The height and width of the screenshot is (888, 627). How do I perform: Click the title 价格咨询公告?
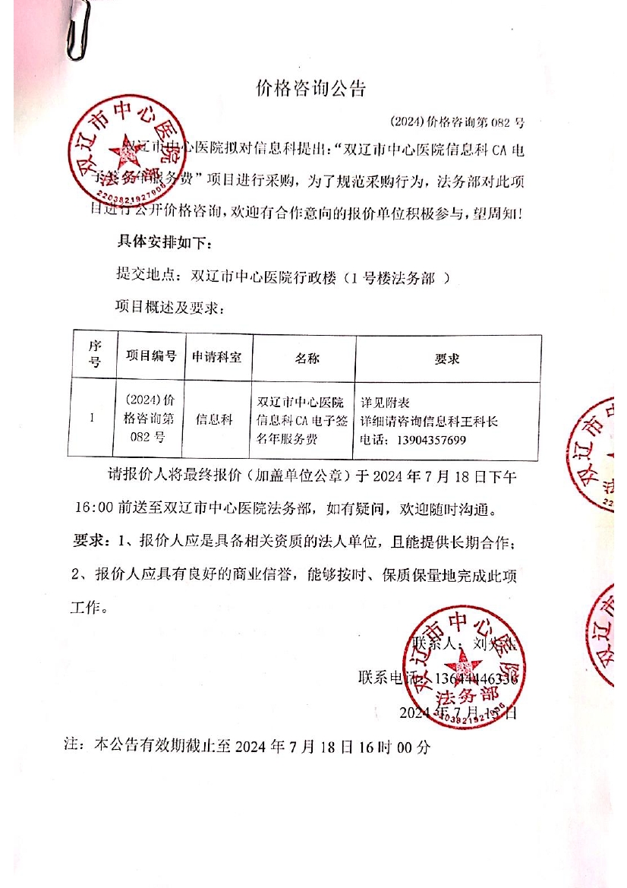tap(311, 89)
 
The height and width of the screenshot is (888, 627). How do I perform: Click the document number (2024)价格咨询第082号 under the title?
tap(456, 121)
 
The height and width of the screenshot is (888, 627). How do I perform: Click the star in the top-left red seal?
tap(125, 156)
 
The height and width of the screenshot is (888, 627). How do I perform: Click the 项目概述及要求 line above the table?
tap(169, 307)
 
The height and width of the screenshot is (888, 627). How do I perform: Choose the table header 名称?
tap(303, 357)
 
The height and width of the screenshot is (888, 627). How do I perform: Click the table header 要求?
tap(446, 358)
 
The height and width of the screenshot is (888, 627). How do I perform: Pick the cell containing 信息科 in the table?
tap(215, 419)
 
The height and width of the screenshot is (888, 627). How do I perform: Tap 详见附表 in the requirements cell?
tap(386, 403)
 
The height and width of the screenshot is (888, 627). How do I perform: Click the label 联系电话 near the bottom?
tap(385, 678)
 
